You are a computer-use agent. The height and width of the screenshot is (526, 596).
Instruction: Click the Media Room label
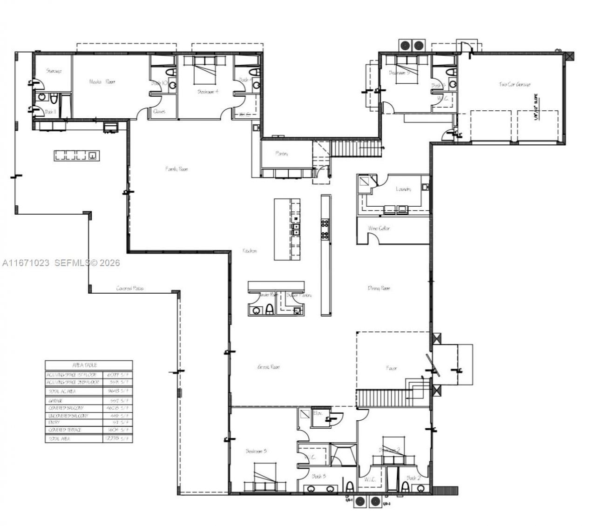[x=102, y=81]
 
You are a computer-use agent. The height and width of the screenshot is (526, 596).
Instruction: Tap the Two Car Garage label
[x=515, y=84]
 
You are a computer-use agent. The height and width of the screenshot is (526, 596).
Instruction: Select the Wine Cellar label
[x=379, y=229]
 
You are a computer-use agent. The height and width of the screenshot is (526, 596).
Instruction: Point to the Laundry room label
[x=403, y=189]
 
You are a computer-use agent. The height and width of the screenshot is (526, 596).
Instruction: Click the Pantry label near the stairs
[x=282, y=153]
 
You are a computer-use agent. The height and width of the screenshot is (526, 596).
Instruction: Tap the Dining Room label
[x=379, y=289]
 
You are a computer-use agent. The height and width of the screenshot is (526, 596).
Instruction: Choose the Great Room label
[x=269, y=367]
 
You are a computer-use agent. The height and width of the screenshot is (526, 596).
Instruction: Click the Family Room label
[x=176, y=169]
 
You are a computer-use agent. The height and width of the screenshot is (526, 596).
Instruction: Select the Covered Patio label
[x=130, y=289]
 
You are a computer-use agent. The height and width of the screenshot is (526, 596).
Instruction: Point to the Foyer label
[x=392, y=368]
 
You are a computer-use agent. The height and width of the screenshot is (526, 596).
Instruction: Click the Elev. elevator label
[x=318, y=413]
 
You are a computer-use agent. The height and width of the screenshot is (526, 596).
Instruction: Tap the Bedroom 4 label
[x=208, y=92]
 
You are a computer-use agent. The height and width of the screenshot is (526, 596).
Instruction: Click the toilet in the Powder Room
[x=269, y=310]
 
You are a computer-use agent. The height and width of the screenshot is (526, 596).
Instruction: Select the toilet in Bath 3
[x=349, y=487]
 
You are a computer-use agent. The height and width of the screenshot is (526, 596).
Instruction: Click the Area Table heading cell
[x=88, y=365]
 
